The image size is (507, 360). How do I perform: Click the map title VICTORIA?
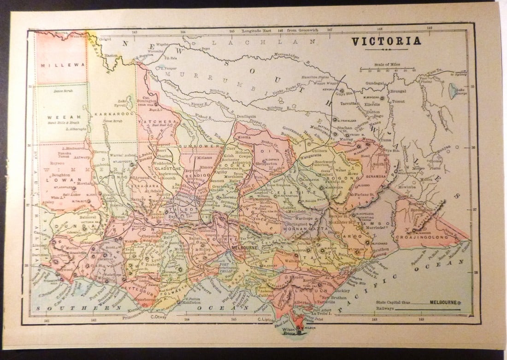[x=386, y=41]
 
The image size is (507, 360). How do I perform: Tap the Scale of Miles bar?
[x=387, y=71]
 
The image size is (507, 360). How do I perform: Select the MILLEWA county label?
[x=56, y=65]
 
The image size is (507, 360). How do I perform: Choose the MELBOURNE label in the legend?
[x=443, y=302]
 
